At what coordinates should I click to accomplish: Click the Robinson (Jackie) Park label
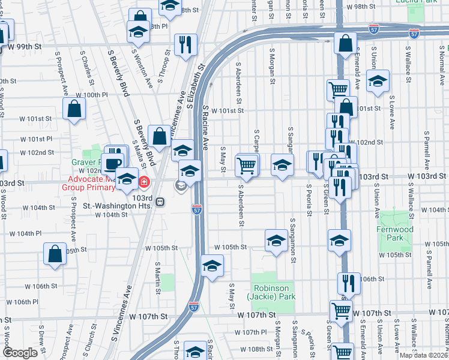[274, 292]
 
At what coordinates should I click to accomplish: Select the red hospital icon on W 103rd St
[144, 182]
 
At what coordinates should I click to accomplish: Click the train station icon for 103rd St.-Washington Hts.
[160, 202]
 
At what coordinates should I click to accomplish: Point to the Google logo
[20, 353]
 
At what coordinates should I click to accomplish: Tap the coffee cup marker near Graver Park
[112, 164]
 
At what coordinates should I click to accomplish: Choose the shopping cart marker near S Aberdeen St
[246, 165]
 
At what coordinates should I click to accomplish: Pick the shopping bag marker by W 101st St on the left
[74, 109]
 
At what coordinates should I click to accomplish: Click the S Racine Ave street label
[206, 128]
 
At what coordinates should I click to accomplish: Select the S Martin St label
[158, 273]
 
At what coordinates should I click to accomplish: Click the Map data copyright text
[423, 355]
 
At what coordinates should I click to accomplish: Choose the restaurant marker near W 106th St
[348, 283]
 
